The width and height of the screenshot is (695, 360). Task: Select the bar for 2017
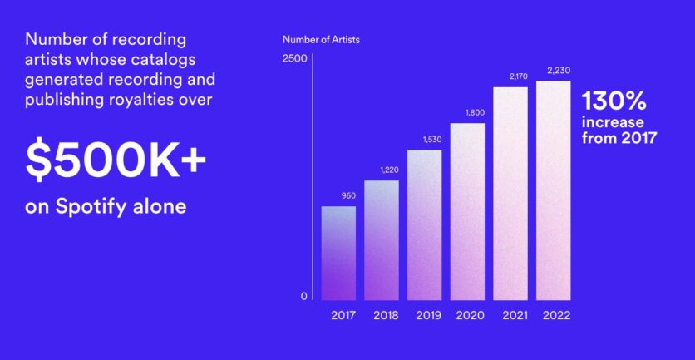[x=338, y=253]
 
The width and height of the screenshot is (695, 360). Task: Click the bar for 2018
[x=382, y=240]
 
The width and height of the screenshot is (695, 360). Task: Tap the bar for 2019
[x=425, y=225]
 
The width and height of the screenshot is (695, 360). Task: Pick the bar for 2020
[x=467, y=211]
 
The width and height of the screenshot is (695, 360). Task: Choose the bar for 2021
[x=510, y=194]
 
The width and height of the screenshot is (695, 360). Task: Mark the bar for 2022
[x=554, y=190]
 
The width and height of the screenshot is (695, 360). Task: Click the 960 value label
[x=348, y=196]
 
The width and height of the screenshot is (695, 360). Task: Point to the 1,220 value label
[x=390, y=170]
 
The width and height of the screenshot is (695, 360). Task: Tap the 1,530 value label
[x=432, y=140]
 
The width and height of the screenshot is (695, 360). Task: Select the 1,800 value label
[x=475, y=112]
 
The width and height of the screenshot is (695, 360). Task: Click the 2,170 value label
[x=518, y=76]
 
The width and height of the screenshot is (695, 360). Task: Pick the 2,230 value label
[x=559, y=71]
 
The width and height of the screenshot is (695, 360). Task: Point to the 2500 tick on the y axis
[x=295, y=58]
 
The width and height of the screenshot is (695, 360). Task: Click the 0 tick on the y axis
[x=303, y=297]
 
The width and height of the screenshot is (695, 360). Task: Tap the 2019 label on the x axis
[x=429, y=316]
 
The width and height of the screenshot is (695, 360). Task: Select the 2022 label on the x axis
[x=557, y=316]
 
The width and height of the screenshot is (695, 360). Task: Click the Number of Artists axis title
[x=322, y=39]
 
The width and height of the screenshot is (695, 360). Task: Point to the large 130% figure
[x=614, y=101]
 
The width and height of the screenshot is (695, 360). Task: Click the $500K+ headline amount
[x=116, y=160]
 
